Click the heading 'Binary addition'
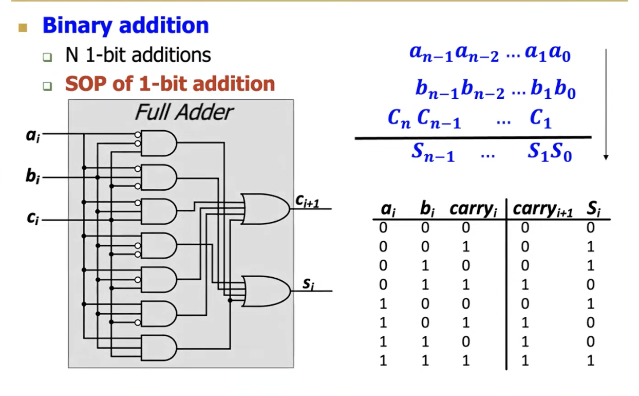[x=125, y=26]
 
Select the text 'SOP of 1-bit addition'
[x=170, y=84]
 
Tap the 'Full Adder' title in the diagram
[x=183, y=112]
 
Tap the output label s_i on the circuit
[x=307, y=284]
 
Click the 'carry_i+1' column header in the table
[x=542, y=210]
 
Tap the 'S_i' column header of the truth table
[x=594, y=210]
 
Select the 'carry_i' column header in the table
[x=474, y=210]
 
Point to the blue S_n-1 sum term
[x=433, y=152]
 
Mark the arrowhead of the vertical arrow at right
[x=606, y=157]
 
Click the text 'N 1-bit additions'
[x=138, y=55]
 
